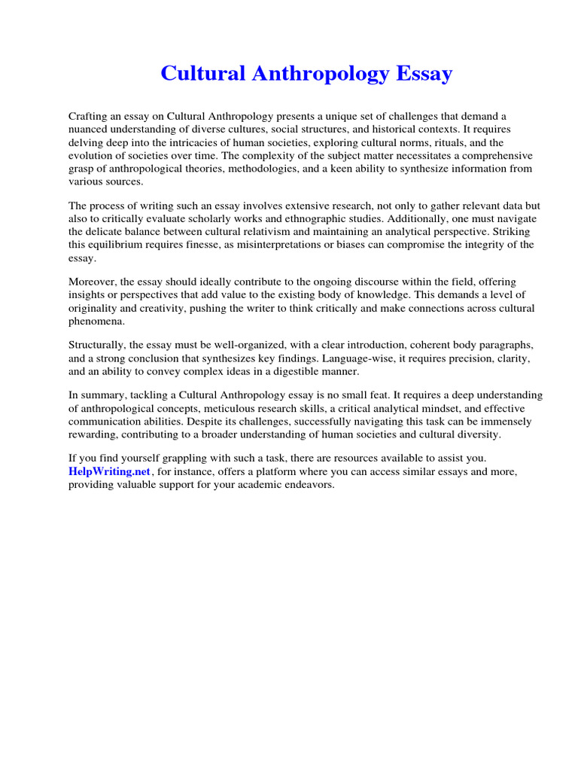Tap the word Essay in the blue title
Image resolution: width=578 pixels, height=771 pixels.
pos(420,74)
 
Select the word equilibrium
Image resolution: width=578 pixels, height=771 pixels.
pos(123,245)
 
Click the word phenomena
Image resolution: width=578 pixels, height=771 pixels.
pos(98,321)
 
